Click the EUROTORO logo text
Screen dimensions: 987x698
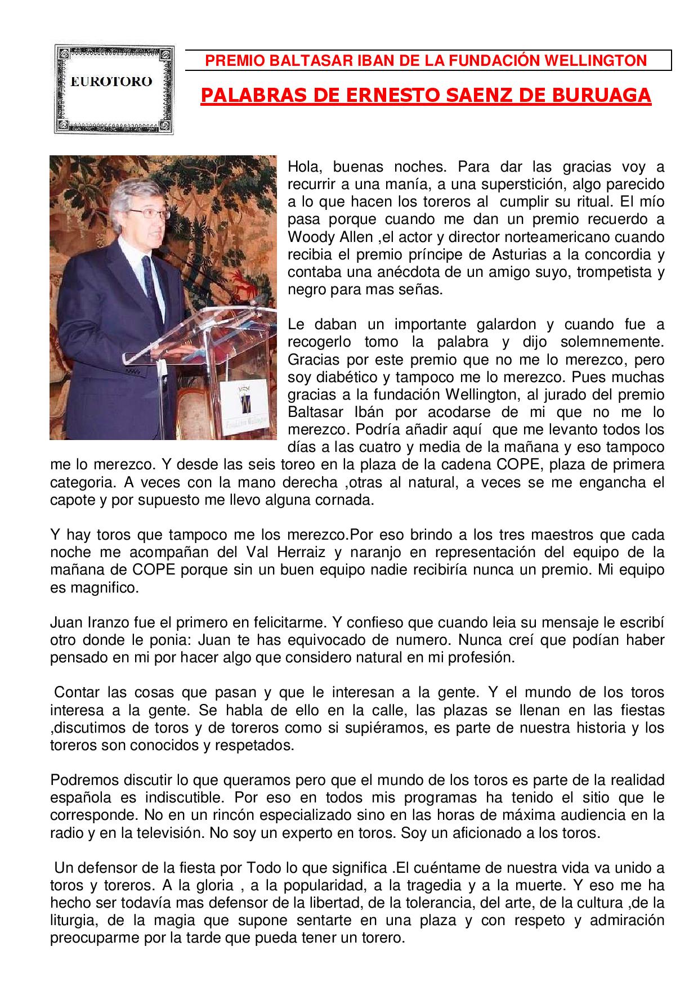pos(111,82)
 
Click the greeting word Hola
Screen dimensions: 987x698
pos(304,167)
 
